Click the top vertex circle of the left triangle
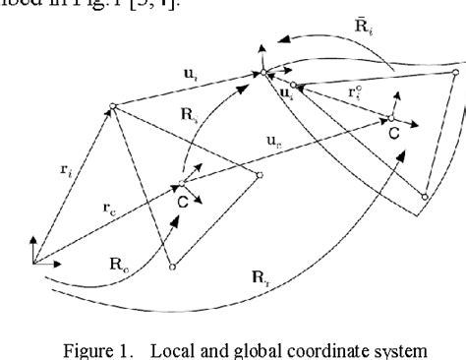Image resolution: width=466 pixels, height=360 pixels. [x=115, y=105]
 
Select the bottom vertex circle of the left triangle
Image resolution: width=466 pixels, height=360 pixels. [x=172, y=267]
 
